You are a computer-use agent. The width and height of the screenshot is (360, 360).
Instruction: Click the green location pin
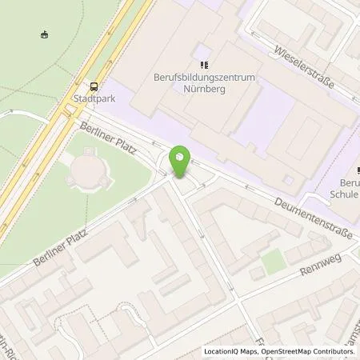coord(181,162)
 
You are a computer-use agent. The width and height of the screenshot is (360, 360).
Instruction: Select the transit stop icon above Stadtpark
coord(94,87)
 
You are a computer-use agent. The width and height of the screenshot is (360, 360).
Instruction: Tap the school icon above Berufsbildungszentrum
coord(203,64)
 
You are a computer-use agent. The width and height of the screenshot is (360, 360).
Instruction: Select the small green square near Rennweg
coord(274,259)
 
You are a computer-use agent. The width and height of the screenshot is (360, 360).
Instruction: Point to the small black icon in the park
coord(45,34)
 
